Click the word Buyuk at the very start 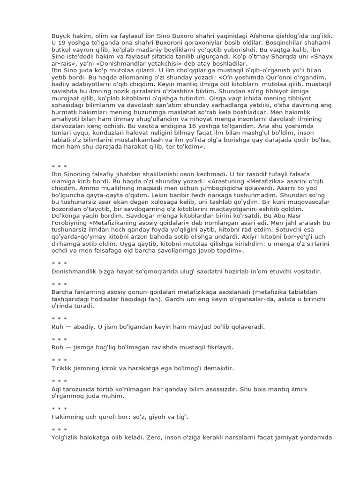point(60,36)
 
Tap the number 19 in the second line point(62,44)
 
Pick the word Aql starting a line point(56,390)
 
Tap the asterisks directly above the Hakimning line point(59,408)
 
